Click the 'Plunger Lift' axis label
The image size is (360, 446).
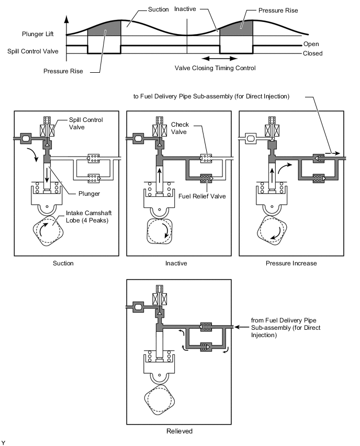click(38, 34)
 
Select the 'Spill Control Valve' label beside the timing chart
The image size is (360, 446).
click(32, 51)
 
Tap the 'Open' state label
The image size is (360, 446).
click(311, 44)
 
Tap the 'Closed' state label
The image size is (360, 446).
click(312, 53)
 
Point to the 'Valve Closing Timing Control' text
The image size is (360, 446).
click(215, 68)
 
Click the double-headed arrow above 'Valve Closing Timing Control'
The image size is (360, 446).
click(220, 59)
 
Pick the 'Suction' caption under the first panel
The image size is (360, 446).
click(63, 263)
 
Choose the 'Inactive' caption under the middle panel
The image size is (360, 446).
click(176, 263)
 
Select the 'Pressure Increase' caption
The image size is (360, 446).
click(291, 263)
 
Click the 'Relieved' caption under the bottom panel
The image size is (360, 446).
click(179, 431)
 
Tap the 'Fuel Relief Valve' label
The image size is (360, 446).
click(202, 196)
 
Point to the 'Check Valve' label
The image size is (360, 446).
click(179, 128)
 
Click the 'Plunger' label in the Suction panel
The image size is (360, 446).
click(89, 194)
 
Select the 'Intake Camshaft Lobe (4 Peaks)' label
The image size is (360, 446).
click(89, 217)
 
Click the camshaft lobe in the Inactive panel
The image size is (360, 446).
click(160, 231)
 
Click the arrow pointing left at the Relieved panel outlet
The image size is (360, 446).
click(241, 327)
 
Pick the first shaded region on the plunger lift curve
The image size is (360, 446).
click(104, 29)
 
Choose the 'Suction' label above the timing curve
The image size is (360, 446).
click(159, 9)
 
